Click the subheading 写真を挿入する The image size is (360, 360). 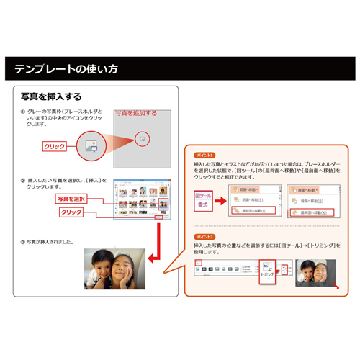click(x=50, y=96)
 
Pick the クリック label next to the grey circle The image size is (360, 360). click(x=55, y=146)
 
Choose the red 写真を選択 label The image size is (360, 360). click(x=73, y=198)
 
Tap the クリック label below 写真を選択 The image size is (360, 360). click(x=71, y=212)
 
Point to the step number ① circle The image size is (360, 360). click(x=23, y=112)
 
